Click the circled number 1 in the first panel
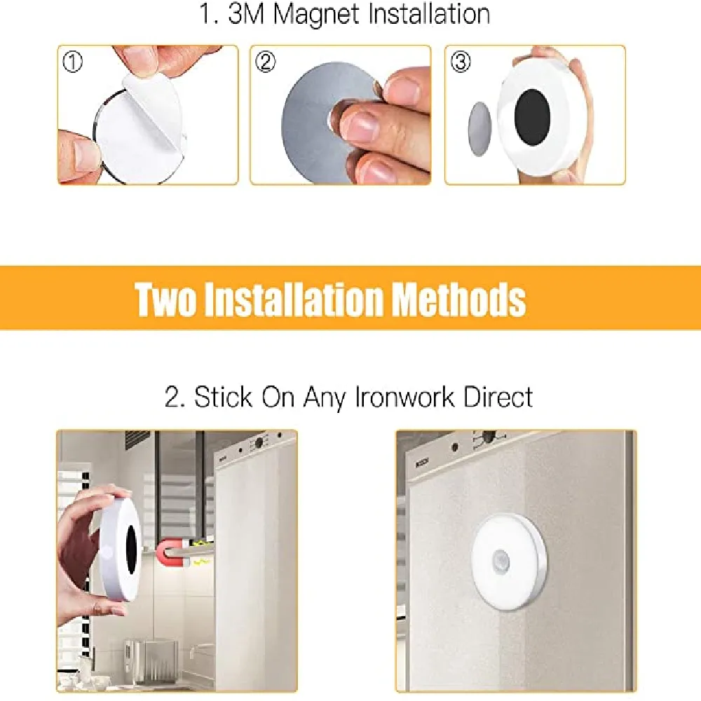[73, 62]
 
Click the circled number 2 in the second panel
[265, 62]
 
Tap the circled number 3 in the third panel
[461, 62]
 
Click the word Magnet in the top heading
[316, 14]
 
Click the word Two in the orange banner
[165, 299]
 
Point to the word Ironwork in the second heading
[404, 397]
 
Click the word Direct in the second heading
[498, 397]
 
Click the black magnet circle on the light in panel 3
[532, 116]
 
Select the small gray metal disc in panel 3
[479, 129]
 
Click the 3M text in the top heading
[245, 14]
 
